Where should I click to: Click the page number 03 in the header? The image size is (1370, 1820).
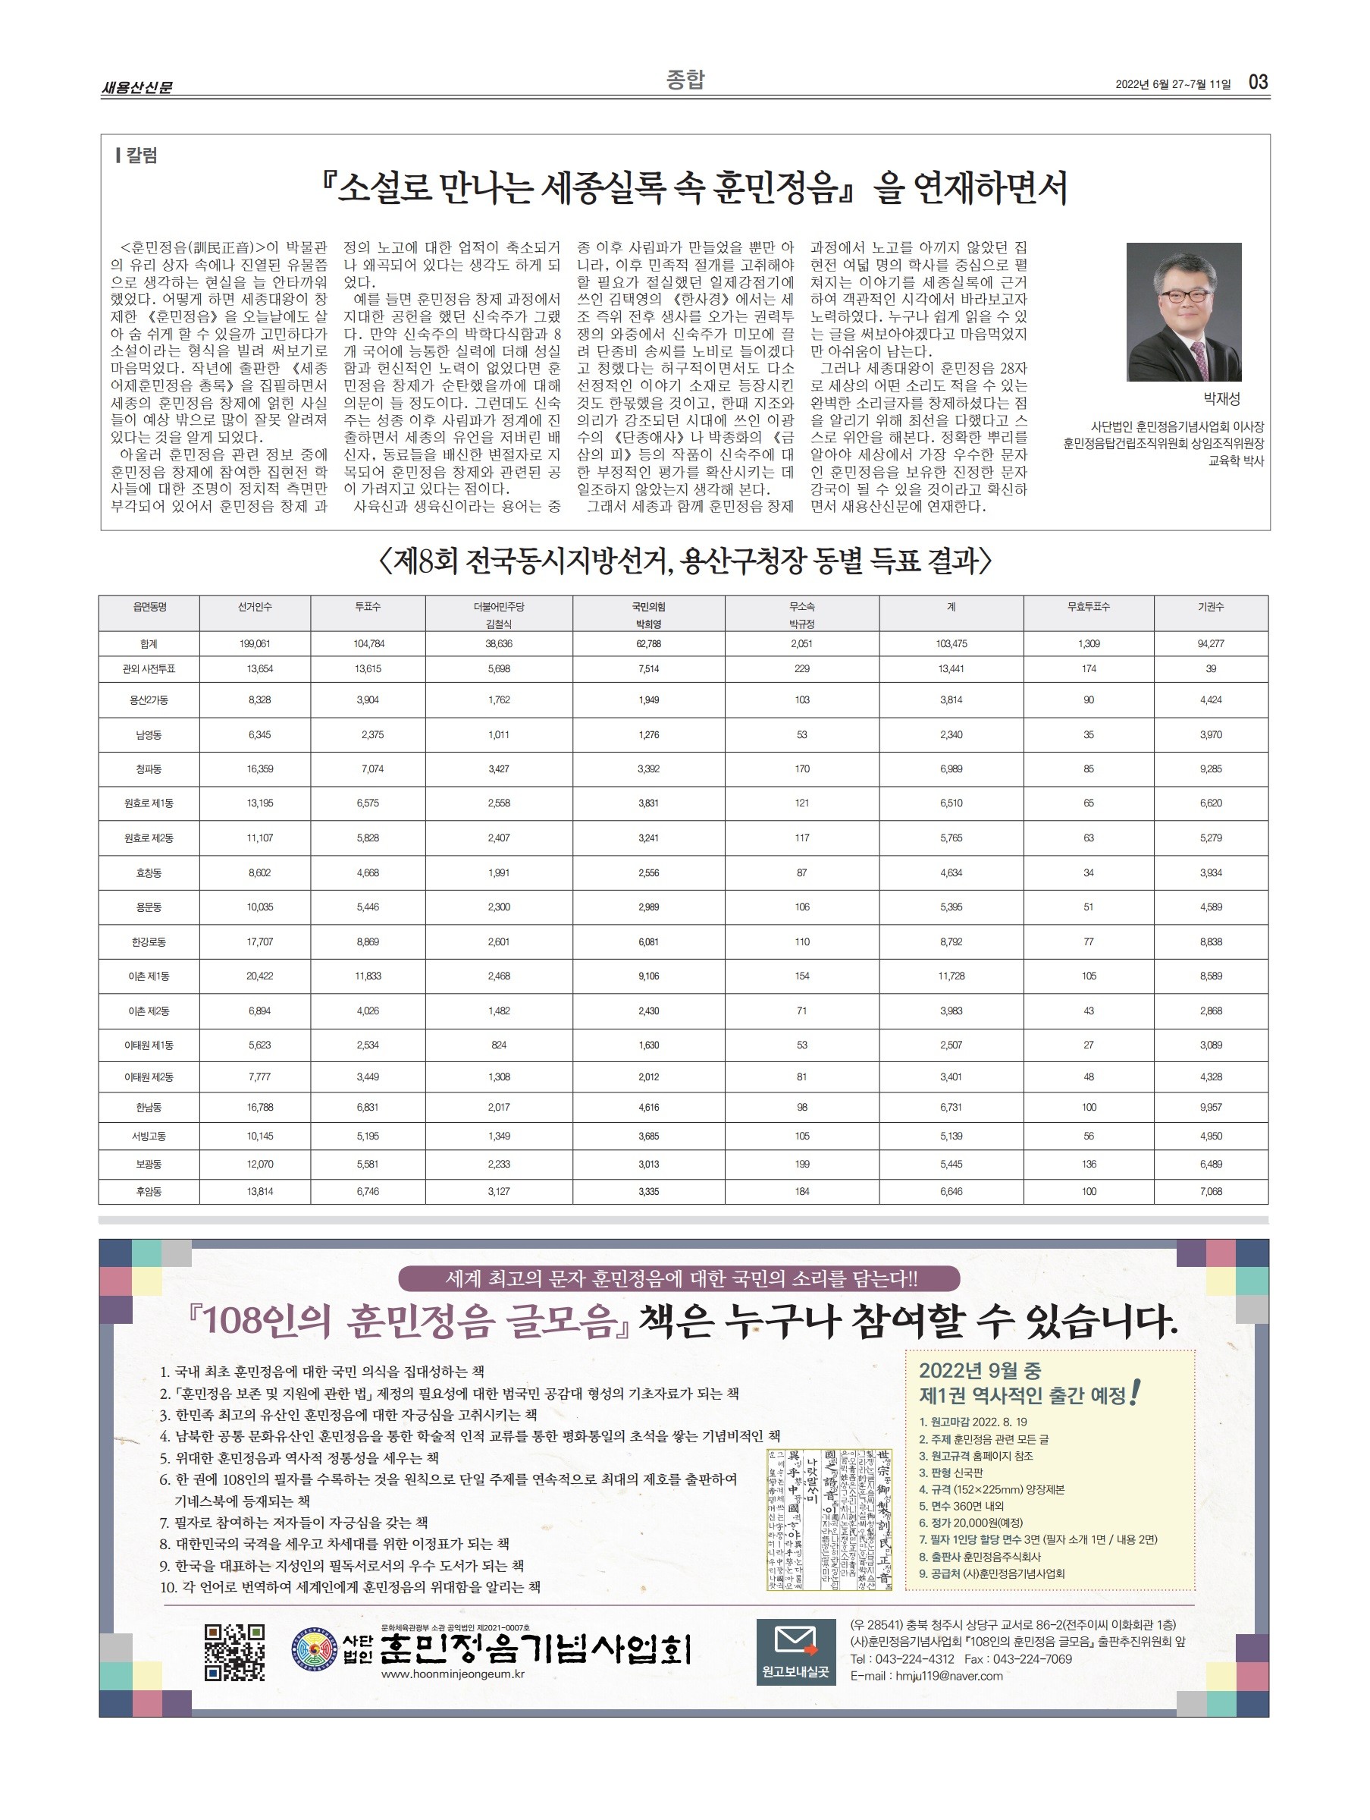(x=1257, y=81)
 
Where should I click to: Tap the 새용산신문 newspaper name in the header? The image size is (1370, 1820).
(x=136, y=87)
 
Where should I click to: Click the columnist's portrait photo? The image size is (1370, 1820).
(x=1183, y=312)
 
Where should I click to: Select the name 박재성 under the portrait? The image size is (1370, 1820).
(x=1221, y=399)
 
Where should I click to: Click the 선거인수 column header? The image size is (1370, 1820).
(x=255, y=606)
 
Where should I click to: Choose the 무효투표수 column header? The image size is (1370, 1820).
(x=1088, y=606)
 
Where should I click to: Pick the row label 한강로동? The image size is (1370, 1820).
(x=149, y=942)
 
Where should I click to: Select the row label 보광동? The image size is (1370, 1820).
(x=149, y=1165)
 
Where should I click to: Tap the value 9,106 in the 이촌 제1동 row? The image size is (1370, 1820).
(x=648, y=976)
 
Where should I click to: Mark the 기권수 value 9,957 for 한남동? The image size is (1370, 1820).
(x=1211, y=1108)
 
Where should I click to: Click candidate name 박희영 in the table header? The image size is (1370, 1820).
(x=648, y=624)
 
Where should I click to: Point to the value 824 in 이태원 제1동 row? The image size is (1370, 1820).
(x=498, y=1045)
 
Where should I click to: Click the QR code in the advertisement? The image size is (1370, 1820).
(x=234, y=1652)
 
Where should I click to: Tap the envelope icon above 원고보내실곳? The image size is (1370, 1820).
(x=795, y=1641)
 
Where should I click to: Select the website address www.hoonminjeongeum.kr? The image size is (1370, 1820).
(x=453, y=1674)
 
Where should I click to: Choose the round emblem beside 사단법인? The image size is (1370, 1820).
(x=315, y=1649)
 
